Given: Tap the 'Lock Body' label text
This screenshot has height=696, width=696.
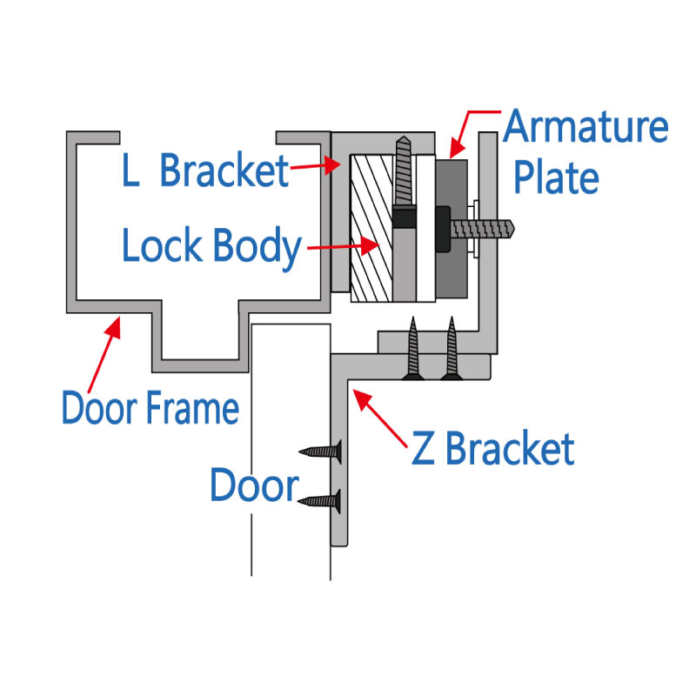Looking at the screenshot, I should click(x=211, y=246).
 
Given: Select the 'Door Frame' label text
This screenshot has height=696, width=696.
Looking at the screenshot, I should click(x=150, y=407).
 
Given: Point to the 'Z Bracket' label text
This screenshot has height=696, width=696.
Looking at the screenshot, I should click(x=493, y=449).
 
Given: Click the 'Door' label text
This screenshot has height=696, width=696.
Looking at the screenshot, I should click(x=254, y=485).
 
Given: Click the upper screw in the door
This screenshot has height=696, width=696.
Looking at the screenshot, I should click(x=319, y=452).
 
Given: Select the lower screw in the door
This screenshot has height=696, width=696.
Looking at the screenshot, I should click(x=319, y=500).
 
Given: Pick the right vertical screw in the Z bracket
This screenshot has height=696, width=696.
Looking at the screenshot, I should click(x=451, y=349).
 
